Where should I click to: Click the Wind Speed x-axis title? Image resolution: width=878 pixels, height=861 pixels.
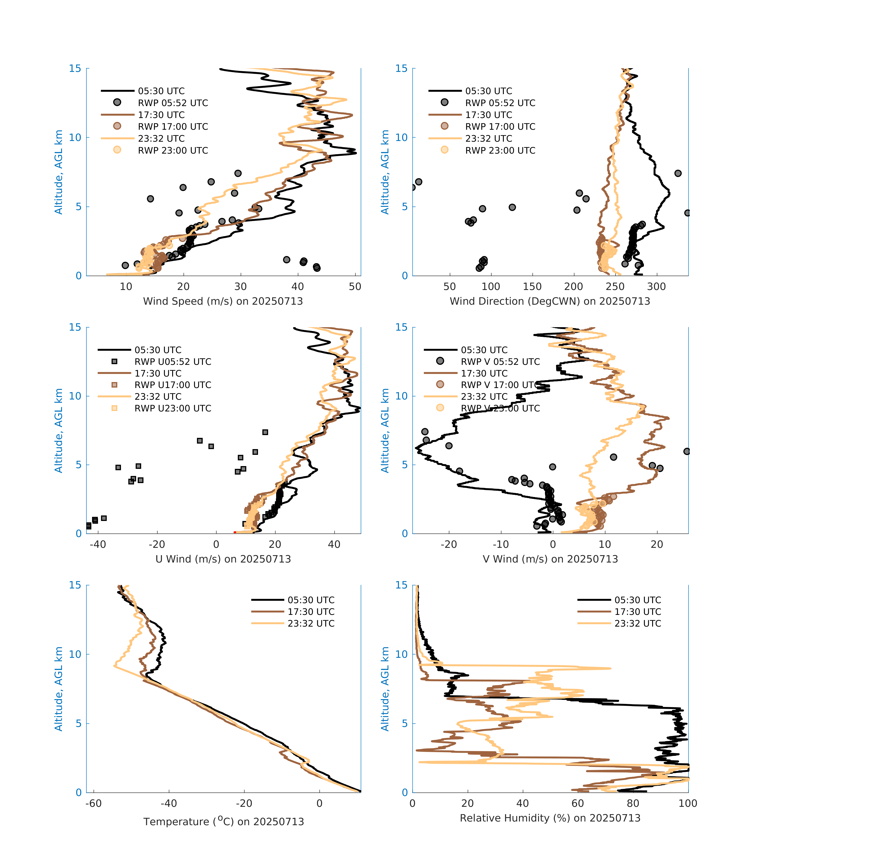click(x=223, y=301)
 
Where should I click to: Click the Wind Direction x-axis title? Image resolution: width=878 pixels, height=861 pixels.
click(x=550, y=301)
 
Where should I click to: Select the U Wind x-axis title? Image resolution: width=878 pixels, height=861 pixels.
click(x=223, y=559)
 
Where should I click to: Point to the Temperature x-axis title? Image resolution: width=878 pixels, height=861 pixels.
click(x=223, y=821)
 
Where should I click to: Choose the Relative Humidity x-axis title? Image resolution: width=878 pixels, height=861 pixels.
click(x=550, y=818)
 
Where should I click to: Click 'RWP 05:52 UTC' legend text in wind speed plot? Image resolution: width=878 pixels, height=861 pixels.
click(x=173, y=103)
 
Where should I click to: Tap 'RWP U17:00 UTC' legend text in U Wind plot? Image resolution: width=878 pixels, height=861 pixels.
click(x=173, y=385)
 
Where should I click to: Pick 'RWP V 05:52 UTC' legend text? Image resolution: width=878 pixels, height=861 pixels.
click(x=500, y=362)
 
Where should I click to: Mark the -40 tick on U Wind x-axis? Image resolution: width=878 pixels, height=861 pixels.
click(x=98, y=544)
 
